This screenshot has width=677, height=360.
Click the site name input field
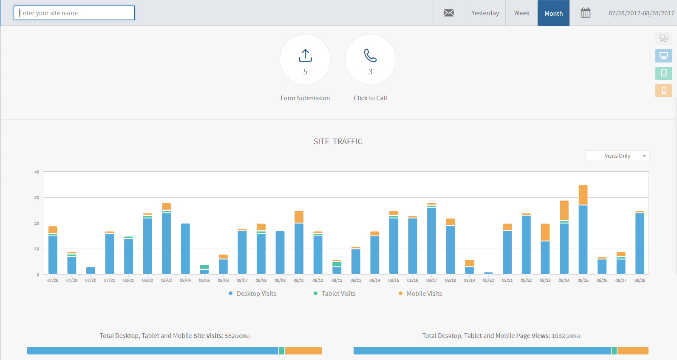[x=74, y=13]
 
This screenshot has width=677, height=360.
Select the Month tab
[x=553, y=13]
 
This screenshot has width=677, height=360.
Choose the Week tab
[x=521, y=13]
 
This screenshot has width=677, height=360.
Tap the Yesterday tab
[x=485, y=13]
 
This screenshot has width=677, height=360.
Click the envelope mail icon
[x=449, y=13]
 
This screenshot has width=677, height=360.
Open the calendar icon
[x=586, y=13]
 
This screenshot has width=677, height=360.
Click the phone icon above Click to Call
[x=370, y=55]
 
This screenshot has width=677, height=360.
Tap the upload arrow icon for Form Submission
[x=305, y=55]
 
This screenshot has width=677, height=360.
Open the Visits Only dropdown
[x=617, y=156]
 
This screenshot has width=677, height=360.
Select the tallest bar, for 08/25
[x=583, y=230]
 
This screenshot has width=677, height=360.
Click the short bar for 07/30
[x=91, y=270]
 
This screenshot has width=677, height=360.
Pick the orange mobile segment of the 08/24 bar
[x=564, y=210]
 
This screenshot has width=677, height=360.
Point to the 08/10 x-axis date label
[x=299, y=280]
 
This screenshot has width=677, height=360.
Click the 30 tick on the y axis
[x=37, y=197]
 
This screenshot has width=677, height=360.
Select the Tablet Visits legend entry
[x=335, y=294]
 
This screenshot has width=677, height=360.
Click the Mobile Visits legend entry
[x=420, y=294]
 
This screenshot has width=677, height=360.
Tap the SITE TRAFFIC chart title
[x=337, y=142]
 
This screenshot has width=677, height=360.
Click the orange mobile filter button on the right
[x=664, y=91]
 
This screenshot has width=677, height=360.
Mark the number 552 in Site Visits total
[x=229, y=336]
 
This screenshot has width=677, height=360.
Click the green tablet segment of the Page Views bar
[x=614, y=351]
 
